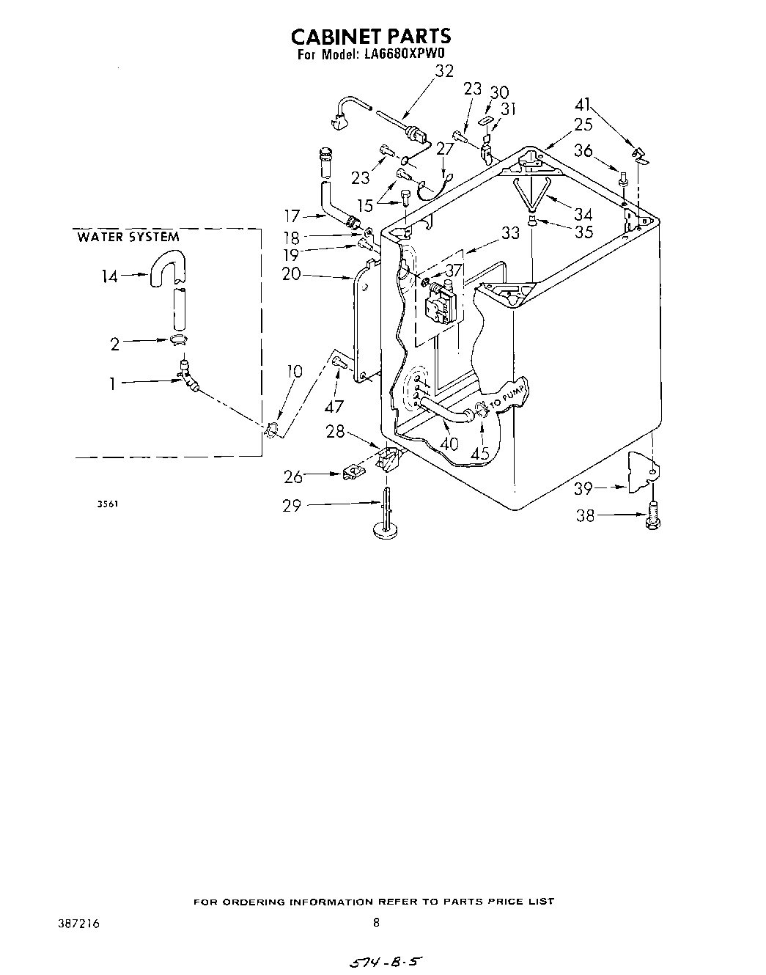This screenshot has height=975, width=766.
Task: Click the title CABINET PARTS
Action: click(371, 37)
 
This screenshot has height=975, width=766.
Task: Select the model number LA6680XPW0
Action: click(405, 54)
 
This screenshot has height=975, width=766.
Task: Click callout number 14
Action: click(110, 276)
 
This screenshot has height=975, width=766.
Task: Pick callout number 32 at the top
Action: click(444, 71)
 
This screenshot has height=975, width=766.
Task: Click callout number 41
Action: click(583, 104)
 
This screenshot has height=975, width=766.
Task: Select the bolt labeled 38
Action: click(653, 515)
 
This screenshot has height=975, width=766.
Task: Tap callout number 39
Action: click(583, 488)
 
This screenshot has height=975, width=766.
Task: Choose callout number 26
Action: click(293, 477)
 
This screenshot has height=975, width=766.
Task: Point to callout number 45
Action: click(480, 454)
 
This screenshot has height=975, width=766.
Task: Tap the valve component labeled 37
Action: click(441, 301)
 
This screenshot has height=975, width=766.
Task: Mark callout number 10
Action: click(294, 371)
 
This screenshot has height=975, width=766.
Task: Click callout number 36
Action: click(583, 150)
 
